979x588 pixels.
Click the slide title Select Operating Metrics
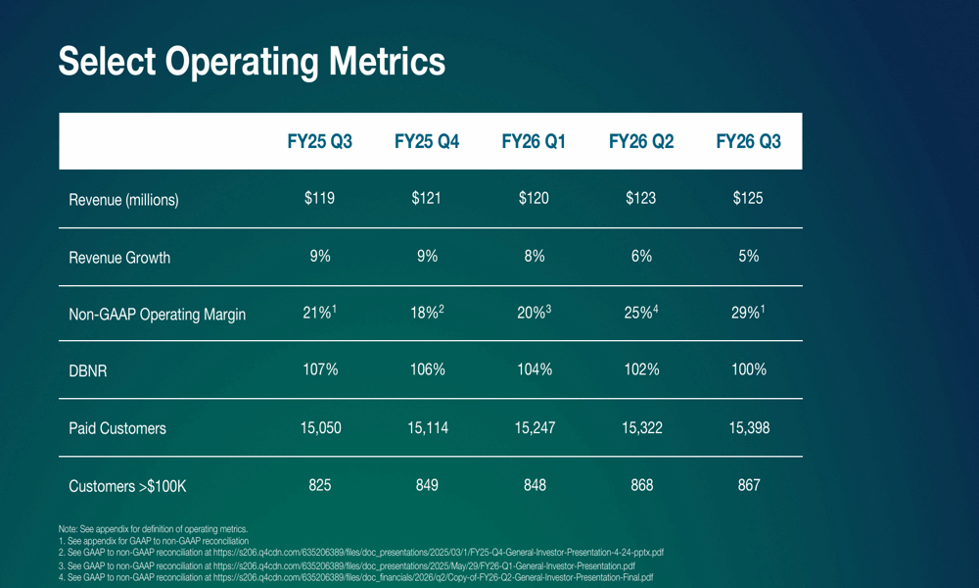252,61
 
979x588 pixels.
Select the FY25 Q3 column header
319,142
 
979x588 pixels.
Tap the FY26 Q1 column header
534,142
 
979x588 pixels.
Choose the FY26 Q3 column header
748,142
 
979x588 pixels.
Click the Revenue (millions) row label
123,200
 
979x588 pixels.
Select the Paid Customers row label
117,428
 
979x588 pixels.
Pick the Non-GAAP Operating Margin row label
157,315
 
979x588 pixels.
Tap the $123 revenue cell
641,198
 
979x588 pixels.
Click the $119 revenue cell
319,198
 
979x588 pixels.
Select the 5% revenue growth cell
749,256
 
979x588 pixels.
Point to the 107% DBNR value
319,369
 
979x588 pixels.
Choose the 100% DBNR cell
749,369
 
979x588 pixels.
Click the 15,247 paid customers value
535,427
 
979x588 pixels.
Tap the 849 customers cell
427,485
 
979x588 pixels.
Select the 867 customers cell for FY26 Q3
749,485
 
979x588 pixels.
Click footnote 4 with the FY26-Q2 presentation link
355,578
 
